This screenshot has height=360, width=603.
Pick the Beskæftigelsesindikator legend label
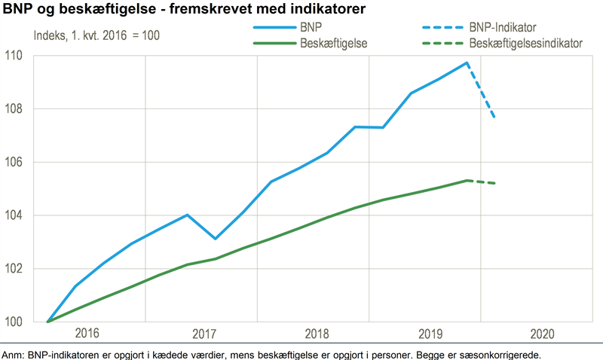click(525, 44)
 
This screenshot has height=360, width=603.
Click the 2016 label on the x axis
click(87, 334)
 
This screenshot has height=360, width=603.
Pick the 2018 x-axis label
click(315, 334)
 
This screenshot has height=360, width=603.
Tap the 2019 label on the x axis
click(428, 334)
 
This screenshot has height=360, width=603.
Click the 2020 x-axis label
click(542, 334)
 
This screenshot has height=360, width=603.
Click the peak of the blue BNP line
click(467, 63)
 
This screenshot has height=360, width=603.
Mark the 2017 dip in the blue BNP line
click(216, 239)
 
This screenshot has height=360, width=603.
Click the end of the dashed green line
click(495, 183)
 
